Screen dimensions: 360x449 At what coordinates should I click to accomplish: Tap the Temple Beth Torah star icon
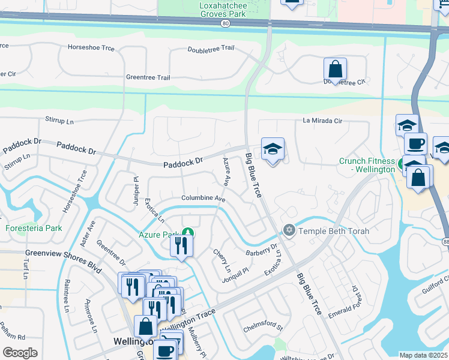tap(289, 230)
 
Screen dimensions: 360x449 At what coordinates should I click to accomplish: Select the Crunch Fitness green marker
tap(400, 162)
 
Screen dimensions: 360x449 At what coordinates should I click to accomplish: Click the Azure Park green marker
tap(188, 233)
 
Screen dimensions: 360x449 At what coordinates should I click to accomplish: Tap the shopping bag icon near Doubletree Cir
tap(336, 69)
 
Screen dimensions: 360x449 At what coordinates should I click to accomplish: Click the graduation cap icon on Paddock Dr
tap(273, 150)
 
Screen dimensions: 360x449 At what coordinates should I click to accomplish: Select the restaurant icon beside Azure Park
tap(180, 245)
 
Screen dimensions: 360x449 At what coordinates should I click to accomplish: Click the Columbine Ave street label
tap(203, 198)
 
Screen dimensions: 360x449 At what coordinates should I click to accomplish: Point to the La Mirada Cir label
tap(322, 121)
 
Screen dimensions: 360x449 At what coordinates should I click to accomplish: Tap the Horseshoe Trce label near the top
tap(91, 47)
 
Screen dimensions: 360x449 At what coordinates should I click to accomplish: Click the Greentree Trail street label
tap(148, 77)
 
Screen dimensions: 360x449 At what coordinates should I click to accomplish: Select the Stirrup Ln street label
tap(59, 121)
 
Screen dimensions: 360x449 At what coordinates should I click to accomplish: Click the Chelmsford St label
tap(263, 328)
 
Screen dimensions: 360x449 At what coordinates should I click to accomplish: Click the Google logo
tap(20, 352)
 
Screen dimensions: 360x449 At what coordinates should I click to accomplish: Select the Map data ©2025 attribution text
tap(424, 355)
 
